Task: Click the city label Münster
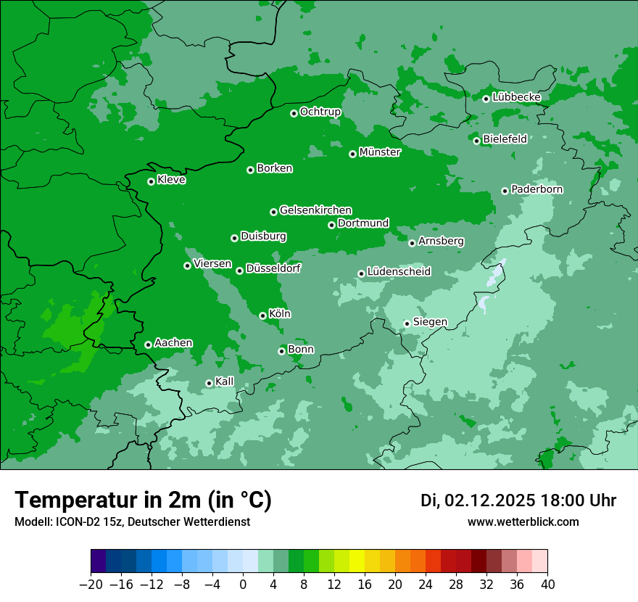380,152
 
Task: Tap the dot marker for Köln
262,316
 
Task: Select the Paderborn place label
536,189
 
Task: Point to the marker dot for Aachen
148,345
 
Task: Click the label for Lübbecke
516,97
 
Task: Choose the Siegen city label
430,322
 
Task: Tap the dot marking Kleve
151,181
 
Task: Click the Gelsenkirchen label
315,210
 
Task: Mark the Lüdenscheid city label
399,272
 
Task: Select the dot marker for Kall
209,383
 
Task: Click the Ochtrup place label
320,112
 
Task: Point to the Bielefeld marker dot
476,141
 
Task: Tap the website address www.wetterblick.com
523,522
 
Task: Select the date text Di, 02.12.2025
478,500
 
